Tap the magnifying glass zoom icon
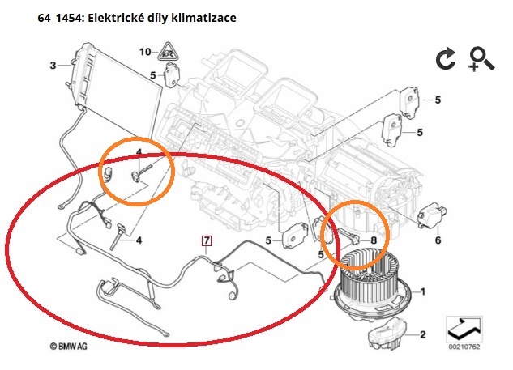481,59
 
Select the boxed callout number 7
207,240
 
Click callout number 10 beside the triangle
144,52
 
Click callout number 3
53,65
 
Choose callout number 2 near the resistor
422,334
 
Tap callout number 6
438,240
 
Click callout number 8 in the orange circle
373,240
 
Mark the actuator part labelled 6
432,217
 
